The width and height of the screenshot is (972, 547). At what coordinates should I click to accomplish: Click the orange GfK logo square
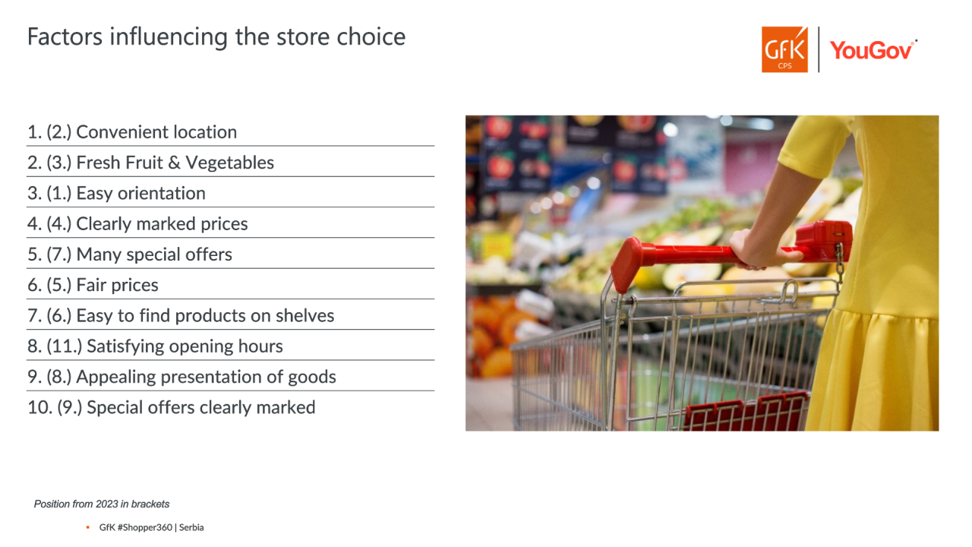pyautogui.click(x=784, y=49)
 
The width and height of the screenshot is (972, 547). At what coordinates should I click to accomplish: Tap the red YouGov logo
pyautogui.click(x=873, y=50)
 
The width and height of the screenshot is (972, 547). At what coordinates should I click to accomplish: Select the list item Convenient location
pyautogui.click(x=132, y=132)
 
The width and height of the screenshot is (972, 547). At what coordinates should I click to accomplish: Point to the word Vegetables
pyautogui.click(x=230, y=163)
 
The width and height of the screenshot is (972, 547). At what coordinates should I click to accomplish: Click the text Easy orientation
pyautogui.click(x=141, y=193)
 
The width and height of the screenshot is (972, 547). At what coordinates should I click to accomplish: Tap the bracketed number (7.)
pyautogui.click(x=59, y=255)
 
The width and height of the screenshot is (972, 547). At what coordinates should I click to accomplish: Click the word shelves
pyautogui.click(x=305, y=315)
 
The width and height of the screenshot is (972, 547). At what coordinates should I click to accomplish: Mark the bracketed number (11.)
pyautogui.click(x=65, y=346)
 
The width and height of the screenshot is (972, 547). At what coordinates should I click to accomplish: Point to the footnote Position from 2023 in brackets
pyautogui.click(x=102, y=504)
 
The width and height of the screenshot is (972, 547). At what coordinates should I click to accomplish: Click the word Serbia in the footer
pyautogui.click(x=191, y=527)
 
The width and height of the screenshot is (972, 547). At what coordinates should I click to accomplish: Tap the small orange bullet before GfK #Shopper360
pyautogui.click(x=87, y=527)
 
